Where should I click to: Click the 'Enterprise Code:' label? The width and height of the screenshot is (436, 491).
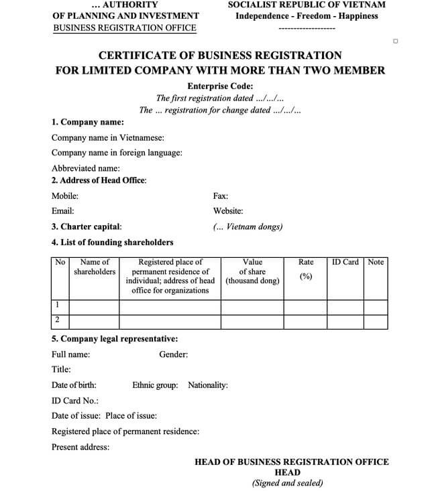pos(220,86)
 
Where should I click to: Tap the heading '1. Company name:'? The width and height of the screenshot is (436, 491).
pos(87,123)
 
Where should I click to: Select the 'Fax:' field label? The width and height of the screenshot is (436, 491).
pos(220,196)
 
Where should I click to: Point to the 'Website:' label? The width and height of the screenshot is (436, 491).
pos(228,211)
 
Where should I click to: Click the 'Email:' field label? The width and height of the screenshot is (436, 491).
pos(62,211)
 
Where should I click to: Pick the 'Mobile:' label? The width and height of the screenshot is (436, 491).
pos(65,196)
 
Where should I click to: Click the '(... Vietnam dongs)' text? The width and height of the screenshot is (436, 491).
pos(248,226)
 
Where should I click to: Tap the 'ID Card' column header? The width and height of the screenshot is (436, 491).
pos(345,262)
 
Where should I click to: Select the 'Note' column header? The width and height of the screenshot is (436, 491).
pos(376,262)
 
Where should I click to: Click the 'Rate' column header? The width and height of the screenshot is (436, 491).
pos(306,262)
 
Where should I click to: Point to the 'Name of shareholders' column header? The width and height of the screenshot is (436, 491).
pos(95,267)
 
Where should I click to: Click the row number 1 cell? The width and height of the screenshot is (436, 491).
pos(58,305)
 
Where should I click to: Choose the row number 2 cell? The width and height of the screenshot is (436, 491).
pos(58,320)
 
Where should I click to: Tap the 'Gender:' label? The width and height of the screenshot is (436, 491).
pos(173,354)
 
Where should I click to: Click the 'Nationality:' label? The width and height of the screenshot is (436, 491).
pos(208,385)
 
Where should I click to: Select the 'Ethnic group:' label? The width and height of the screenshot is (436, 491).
pos(155,385)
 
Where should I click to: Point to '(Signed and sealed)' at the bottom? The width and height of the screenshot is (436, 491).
pos(287,482)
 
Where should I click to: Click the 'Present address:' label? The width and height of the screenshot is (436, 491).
pos(80,447)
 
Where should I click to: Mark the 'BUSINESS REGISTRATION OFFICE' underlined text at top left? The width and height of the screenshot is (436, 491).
pos(124,28)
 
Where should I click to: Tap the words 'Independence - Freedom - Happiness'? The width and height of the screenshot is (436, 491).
pos(307,16)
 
